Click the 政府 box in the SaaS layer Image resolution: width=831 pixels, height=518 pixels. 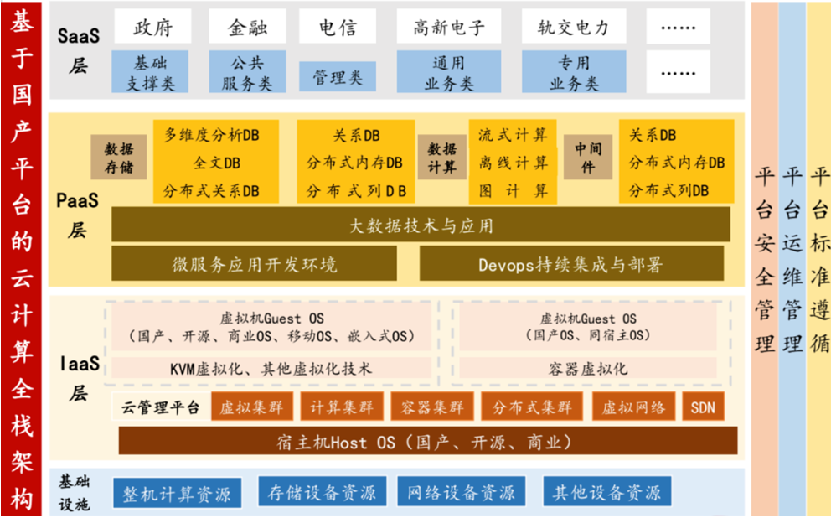152,27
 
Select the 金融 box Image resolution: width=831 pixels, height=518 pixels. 247,27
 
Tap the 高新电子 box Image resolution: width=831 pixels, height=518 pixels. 449,27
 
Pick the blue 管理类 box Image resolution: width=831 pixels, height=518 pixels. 338,77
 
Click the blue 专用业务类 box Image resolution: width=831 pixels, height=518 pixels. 574,72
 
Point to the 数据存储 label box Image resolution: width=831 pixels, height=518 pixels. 119,158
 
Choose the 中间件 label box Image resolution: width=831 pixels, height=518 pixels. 588,158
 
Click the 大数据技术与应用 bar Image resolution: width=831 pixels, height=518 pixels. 421,225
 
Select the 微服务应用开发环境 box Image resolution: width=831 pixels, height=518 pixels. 254,263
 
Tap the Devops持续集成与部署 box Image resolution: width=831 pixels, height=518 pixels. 571,263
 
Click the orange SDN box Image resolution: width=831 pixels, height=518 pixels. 703,407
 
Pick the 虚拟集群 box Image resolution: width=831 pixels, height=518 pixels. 252,407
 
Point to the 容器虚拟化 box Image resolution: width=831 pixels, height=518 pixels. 588,368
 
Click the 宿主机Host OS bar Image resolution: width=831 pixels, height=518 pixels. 428,441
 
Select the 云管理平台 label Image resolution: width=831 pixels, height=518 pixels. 161,407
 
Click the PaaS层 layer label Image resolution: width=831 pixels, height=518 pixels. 77,215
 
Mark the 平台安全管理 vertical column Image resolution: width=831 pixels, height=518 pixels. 764,259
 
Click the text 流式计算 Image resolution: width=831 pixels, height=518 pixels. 513,135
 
